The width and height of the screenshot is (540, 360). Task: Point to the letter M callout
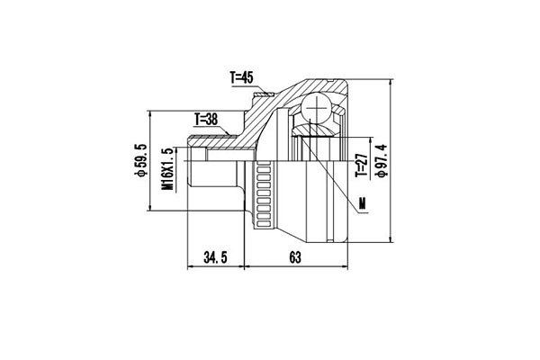click(x=362, y=204)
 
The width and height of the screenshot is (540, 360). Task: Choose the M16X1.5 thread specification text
click(x=167, y=167)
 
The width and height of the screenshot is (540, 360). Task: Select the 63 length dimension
click(x=294, y=257)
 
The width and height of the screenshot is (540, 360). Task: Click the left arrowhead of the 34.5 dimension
click(x=188, y=266)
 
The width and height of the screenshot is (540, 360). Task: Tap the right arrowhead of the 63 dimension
click(x=349, y=266)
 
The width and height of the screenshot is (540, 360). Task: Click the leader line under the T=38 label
click(x=216, y=125)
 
